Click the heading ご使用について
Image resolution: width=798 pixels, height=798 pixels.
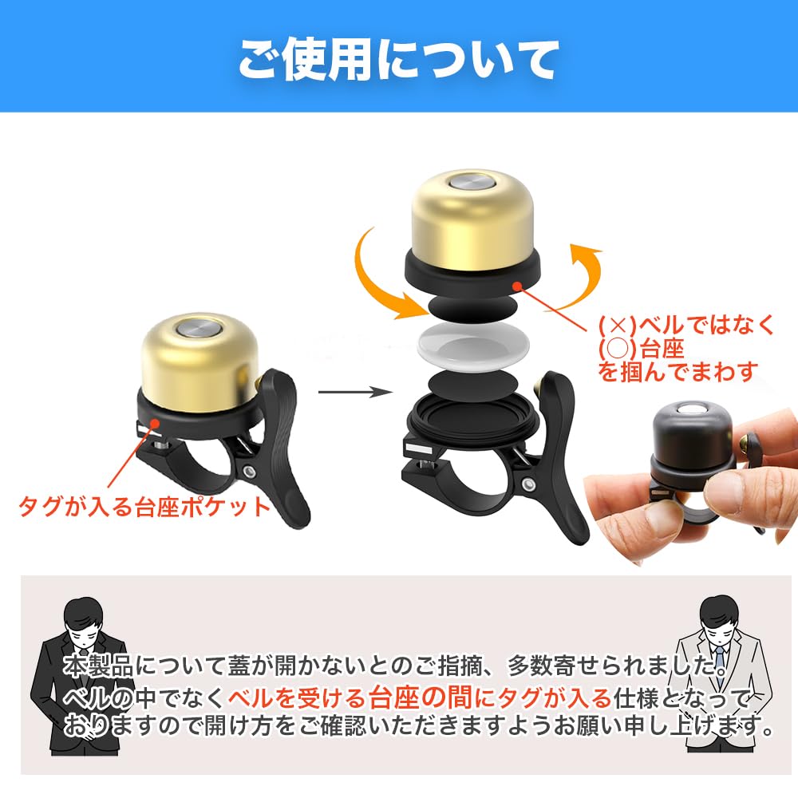pos(398,57)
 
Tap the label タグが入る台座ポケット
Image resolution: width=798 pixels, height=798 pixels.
pos(145,507)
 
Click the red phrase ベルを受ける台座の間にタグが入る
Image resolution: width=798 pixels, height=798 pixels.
pos(419,700)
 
